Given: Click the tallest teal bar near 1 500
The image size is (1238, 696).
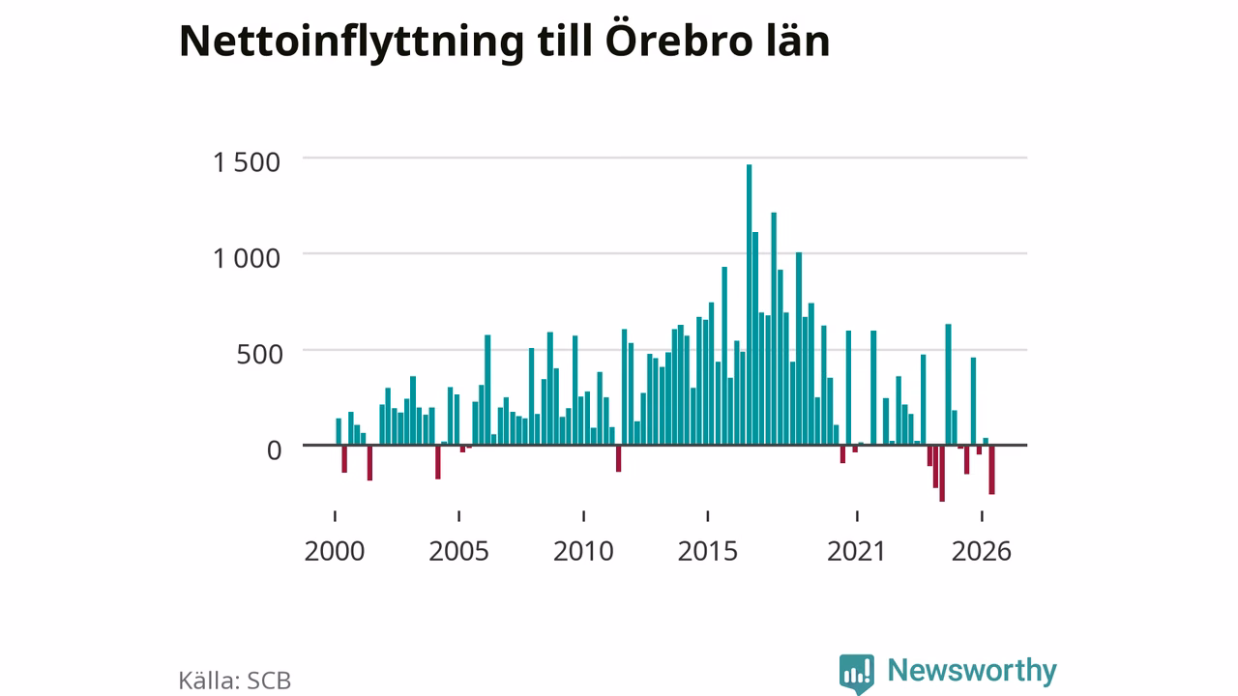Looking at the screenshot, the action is (749, 304).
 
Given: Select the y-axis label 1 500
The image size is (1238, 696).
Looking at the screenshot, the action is (247, 163).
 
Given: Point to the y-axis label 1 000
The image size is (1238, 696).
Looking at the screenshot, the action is (247, 258).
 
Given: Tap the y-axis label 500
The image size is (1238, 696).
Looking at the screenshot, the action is (259, 355).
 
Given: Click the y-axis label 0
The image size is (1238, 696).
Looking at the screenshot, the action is (275, 450).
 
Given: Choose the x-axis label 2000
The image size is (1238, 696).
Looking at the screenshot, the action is (335, 551).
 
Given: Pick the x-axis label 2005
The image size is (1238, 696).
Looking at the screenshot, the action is (458, 551).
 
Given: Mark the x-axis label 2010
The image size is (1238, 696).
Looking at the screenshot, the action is (583, 551).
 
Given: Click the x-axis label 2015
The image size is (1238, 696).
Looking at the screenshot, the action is (707, 551).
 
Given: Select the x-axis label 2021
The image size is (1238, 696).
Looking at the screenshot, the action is (856, 551).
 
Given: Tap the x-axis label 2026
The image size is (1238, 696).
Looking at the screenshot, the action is (981, 551).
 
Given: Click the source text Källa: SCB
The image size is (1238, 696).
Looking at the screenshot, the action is (234, 681).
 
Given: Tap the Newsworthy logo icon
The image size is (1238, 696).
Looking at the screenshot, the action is (856, 673).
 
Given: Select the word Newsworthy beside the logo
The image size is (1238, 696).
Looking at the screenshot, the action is (972, 670).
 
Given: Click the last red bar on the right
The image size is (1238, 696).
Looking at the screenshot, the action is (992, 470).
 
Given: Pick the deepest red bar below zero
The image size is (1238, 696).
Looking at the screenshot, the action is (942, 474).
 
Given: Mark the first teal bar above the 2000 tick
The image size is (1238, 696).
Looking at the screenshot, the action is (339, 432).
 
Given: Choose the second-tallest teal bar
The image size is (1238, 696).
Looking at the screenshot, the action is (774, 329).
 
